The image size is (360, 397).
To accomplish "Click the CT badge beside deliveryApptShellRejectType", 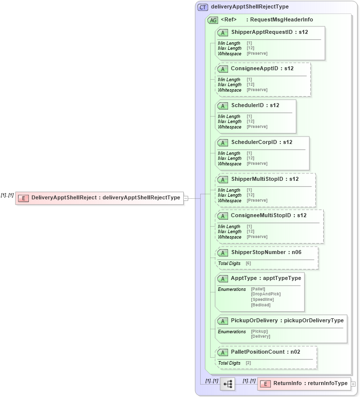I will click(203, 7).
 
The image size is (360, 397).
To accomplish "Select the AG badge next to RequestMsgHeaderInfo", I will click(213, 20).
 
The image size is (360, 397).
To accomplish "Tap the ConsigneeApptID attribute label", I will click(262, 69).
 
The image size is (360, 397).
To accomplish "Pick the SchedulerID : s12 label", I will click(255, 106).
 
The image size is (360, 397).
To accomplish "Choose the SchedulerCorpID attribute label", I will click(261, 142).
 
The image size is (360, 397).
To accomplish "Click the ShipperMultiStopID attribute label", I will click(264, 179).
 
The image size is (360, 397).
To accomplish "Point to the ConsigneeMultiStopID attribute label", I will click(268, 216).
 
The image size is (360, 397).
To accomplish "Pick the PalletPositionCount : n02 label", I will click(265, 352).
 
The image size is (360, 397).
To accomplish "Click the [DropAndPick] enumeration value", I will click(266, 294).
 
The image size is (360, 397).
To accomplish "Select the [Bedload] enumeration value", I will click(261, 305).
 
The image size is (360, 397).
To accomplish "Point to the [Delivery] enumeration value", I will click(260, 336).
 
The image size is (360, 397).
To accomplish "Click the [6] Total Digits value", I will click(248, 263).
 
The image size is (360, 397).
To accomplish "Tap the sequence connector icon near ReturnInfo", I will click(228, 384).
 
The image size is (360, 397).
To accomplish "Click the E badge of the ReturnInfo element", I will click(265, 384).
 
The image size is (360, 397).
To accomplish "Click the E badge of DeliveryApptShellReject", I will click(23, 198).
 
